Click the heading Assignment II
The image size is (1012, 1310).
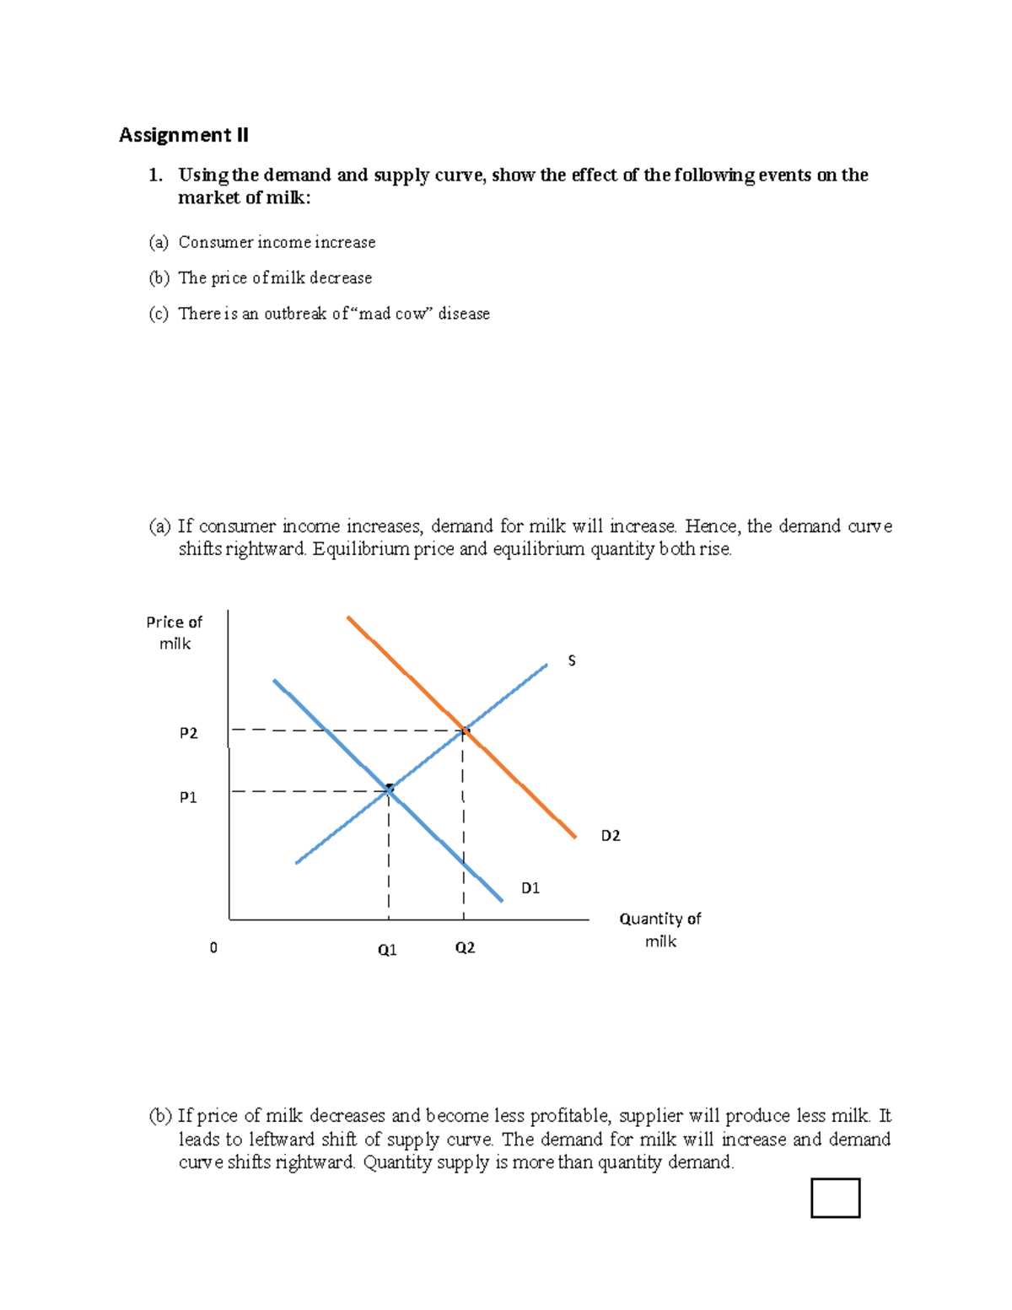pyautogui.click(x=183, y=135)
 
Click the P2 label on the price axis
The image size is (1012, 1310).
pyautogui.click(x=188, y=733)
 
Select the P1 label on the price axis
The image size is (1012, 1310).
pyautogui.click(x=188, y=797)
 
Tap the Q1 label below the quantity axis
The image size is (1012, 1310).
pyautogui.click(x=387, y=950)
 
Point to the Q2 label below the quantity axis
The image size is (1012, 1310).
pyautogui.click(x=465, y=948)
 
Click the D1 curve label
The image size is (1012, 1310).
pyautogui.click(x=530, y=887)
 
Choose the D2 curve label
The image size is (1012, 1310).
pyautogui.click(x=610, y=836)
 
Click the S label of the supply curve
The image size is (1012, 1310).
pyautogui.click(x=572, y=660)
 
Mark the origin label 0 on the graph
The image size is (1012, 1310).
pyautogui.click(x=213, y=948)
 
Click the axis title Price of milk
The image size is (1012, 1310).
pyautogui.click(x=174, y=633)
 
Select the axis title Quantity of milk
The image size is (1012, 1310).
pyautogui.click(x=660, y=930)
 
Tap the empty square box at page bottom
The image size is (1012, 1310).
pyautogui.click(x=835, y=1198)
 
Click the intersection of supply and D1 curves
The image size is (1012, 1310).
pyautogui.click(x=389, y=790)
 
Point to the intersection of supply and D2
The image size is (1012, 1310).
pyautogui.click(x=463, y=730)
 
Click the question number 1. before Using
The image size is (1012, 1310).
pyautogui.click(x=154, y=175)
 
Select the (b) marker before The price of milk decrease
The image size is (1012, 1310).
pyautogui.click(x=159, y=278)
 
